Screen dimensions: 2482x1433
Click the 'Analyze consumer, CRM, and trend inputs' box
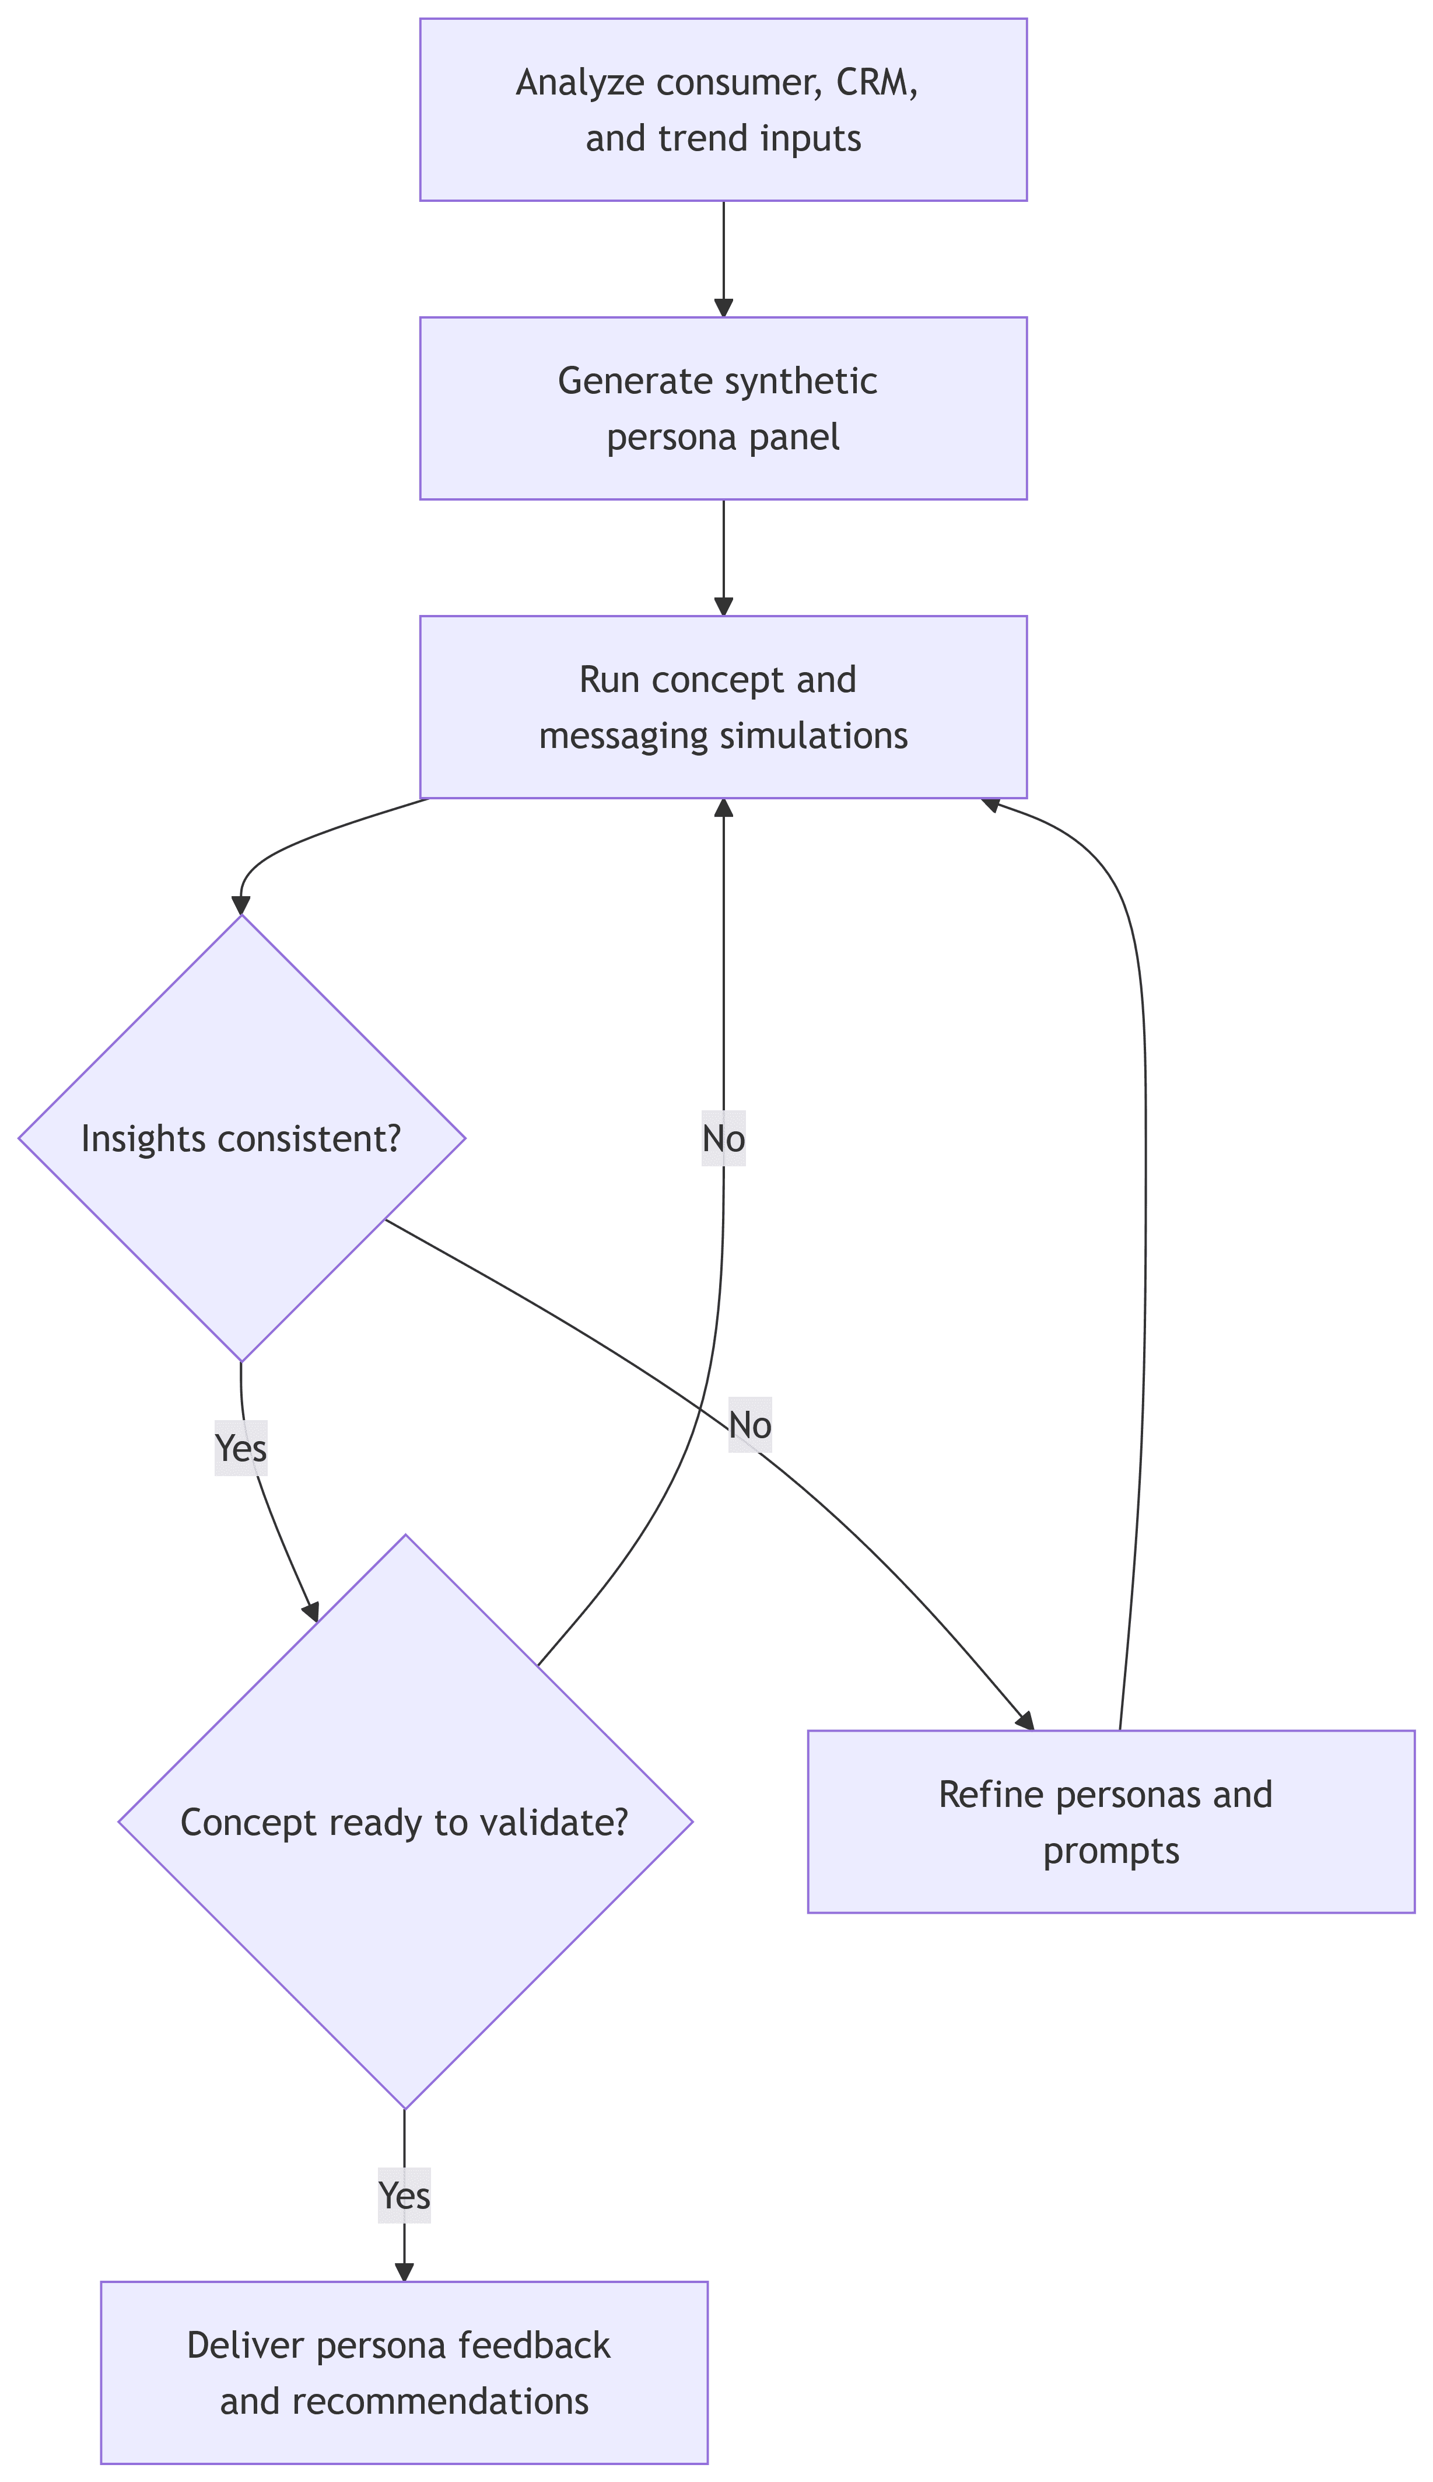pos(723,109)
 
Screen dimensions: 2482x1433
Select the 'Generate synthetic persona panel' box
pos(723,408)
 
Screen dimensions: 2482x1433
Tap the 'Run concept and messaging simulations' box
pos(723,707)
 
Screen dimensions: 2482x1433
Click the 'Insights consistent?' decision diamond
pos(241,1138)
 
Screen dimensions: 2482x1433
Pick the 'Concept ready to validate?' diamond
pos(405,1822)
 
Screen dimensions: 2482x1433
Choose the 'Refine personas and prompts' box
pos(1110,1822)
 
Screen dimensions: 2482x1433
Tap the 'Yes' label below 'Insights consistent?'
pos(241,1448)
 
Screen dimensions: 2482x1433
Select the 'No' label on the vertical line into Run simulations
pos(723,1138)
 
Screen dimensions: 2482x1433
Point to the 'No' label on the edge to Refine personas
pos(750,1425)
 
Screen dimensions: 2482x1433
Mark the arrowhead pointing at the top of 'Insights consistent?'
pos(241,905)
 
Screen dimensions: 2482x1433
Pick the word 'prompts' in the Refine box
pos(1110,1851)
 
